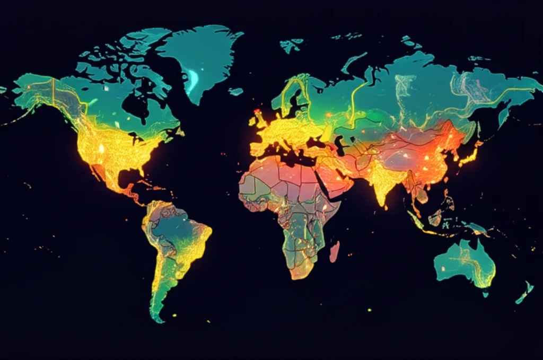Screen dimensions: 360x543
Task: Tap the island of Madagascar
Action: [334, 251]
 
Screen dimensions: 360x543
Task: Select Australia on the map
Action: [464, 262]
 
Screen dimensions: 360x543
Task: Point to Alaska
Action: [37, 90]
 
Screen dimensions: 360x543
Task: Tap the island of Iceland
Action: [236, 92]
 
